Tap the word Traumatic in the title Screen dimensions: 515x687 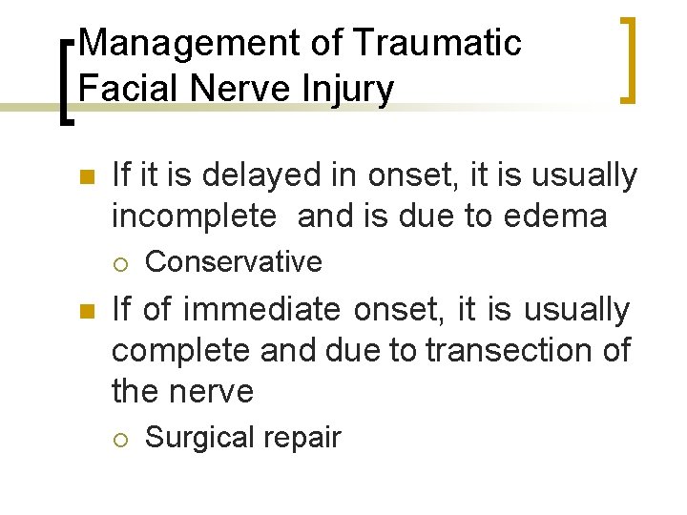click(x=436, y=43)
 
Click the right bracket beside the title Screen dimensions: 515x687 click(x=628, y=58)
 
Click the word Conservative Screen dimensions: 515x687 click(x=233, y=261)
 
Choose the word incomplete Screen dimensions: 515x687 click(x=193, y=216)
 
